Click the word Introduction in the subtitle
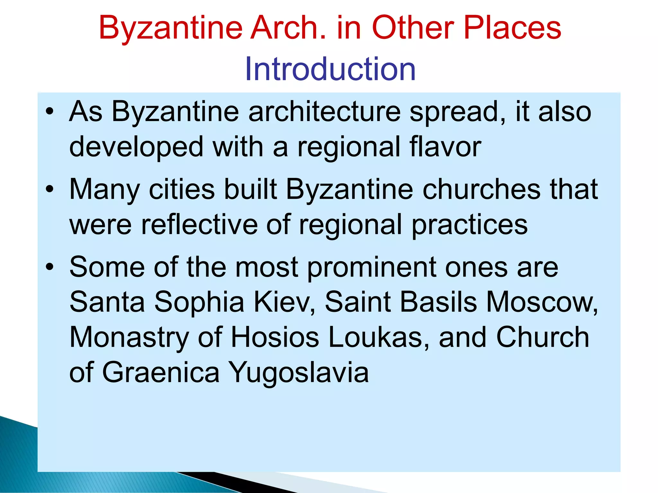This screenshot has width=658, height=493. (330, 69)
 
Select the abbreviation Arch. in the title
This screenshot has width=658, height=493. (288, 28)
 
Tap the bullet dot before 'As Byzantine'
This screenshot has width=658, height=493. (49, 111)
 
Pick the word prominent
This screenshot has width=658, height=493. (371, 268)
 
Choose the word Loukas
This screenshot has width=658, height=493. (379, 337)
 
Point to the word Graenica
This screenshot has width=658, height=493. (161, 373)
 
